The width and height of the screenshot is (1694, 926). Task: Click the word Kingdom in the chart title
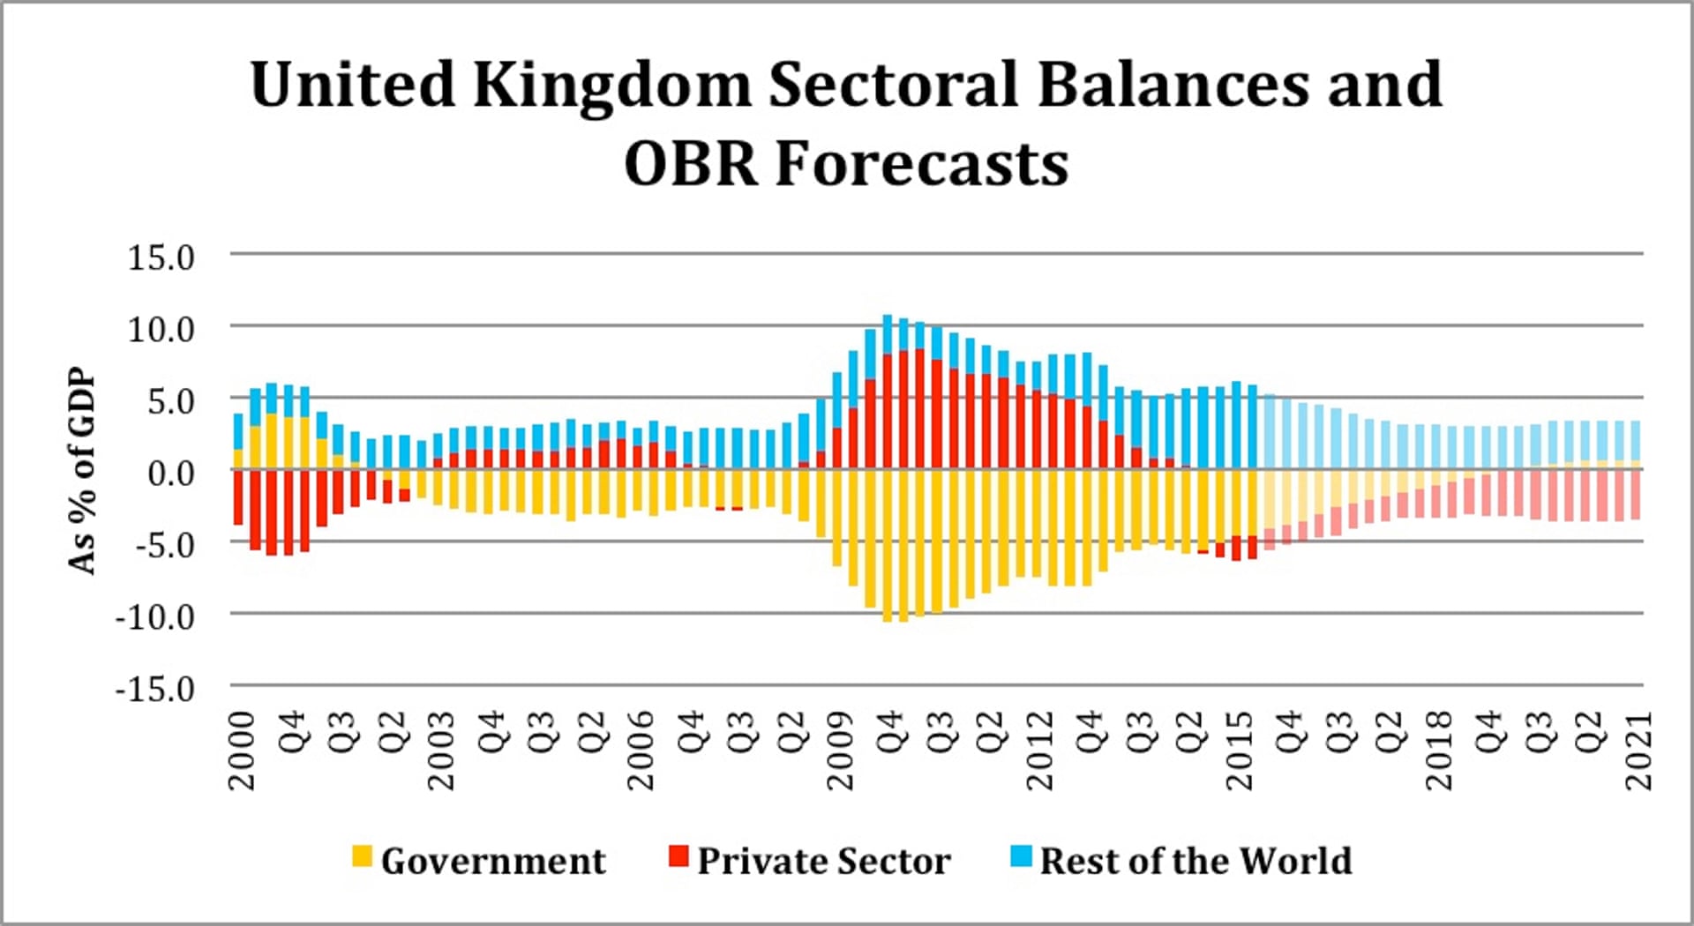612,86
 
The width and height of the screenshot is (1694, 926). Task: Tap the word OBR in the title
691,164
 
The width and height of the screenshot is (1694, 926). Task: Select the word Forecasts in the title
922,164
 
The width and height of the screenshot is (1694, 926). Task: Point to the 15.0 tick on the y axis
161,258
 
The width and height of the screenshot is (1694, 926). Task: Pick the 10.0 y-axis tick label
161,330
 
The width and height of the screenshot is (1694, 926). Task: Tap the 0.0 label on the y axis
170,474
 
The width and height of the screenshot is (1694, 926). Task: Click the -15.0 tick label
154,689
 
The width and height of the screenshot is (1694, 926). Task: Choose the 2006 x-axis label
641,751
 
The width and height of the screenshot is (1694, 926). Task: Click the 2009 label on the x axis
841,751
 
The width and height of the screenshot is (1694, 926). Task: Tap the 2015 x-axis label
1241,751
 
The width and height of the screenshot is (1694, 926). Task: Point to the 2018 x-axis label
1440,751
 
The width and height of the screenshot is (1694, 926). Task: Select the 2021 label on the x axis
1639,751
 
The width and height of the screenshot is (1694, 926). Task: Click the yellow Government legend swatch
362,855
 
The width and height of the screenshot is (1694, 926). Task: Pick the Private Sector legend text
824,861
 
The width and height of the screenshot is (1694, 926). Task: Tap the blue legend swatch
1021,855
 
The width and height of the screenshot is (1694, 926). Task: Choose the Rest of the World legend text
1196,861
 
